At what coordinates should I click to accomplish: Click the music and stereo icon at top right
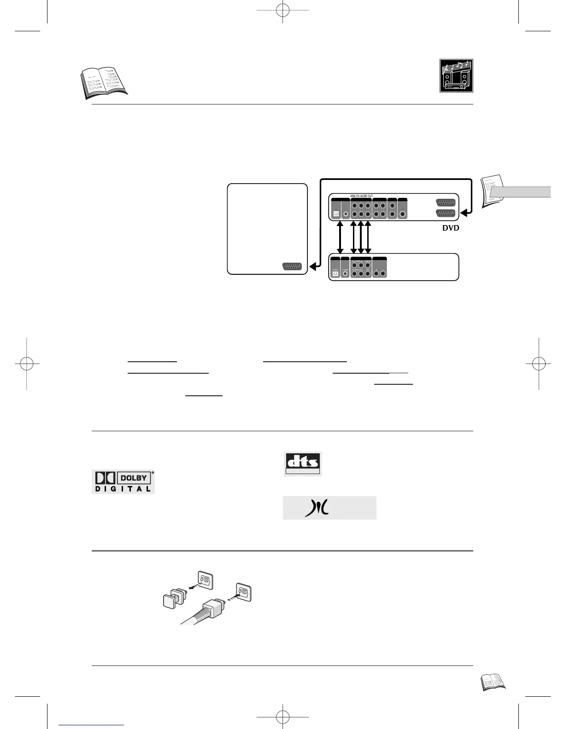pos(456,76)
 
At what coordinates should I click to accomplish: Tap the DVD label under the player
pos(450,228)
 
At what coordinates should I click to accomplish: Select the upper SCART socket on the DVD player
pos(445,202)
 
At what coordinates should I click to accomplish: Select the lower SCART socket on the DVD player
pos(445,213)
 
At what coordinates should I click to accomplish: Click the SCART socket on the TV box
pos(293,267)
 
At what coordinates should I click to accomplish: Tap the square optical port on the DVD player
pos(336,214)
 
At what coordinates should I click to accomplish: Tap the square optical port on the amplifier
pos(335,274)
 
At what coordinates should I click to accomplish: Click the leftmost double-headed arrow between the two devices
pos(340,237)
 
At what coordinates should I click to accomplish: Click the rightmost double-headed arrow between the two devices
pos(368,237)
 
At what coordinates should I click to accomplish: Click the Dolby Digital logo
pos(123,481)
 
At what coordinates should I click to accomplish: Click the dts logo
pos(302,463)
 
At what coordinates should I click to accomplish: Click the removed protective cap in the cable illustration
pos(171,601)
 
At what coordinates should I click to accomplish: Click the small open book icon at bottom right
pos(493,682)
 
